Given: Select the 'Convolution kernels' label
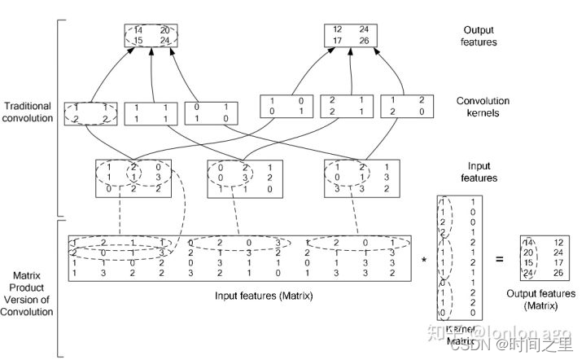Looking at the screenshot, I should (483, 107).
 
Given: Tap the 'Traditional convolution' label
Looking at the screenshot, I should (28, 112).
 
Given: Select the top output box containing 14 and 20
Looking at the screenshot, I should (151, 34).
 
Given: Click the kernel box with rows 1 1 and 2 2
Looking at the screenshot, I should (91, 112).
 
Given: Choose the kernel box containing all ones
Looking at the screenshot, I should (151, 112).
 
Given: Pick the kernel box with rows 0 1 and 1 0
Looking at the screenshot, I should (212, 112).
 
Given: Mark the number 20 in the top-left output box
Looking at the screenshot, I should (164, 29).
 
